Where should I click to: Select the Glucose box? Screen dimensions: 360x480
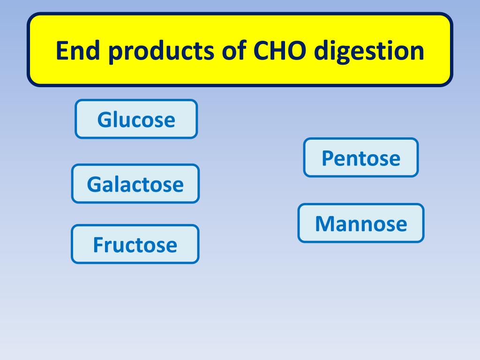pyautogui.click(x=136, y=119)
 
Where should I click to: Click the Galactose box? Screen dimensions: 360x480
pyautogui.click(x=135, y=184)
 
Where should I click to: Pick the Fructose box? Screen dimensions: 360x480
pyautogui.click(x=135, y=244)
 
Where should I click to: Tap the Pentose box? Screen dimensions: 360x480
pyautogui.click(x=360, y=157)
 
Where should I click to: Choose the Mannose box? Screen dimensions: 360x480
pyautogui.click(x=360, y=223)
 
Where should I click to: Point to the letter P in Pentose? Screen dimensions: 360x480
pyautogui.click(x=327, y=158)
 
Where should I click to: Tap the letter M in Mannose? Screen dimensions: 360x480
pyautogui.click(x=324, y=224)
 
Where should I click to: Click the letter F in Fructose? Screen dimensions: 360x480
pyautogui.click(x=97, y=245)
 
